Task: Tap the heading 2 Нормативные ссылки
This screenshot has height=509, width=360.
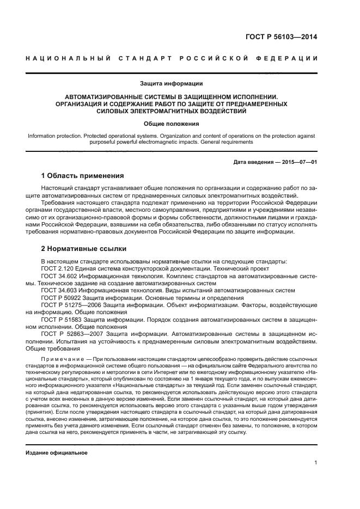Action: [84, 249]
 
